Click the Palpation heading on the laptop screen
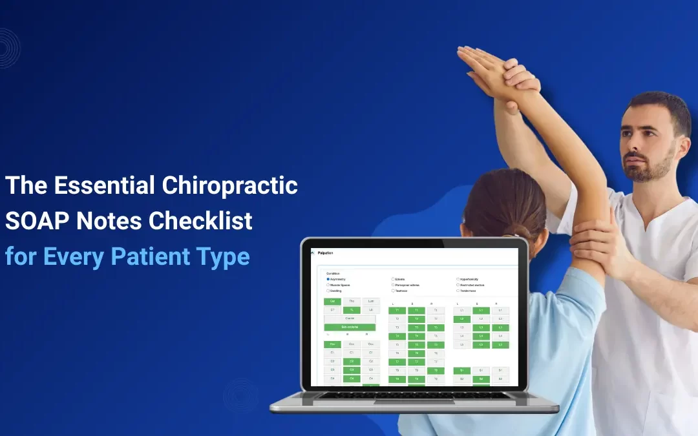coord(326,253)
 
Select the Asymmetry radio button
coord(328,279)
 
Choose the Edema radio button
coord(393,279)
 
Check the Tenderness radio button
coord(458,291)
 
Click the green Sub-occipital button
coord(350,327)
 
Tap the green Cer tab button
coord(332,301)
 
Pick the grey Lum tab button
coord(371,301)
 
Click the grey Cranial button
coord(350,318)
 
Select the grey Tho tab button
coord(352,301)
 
